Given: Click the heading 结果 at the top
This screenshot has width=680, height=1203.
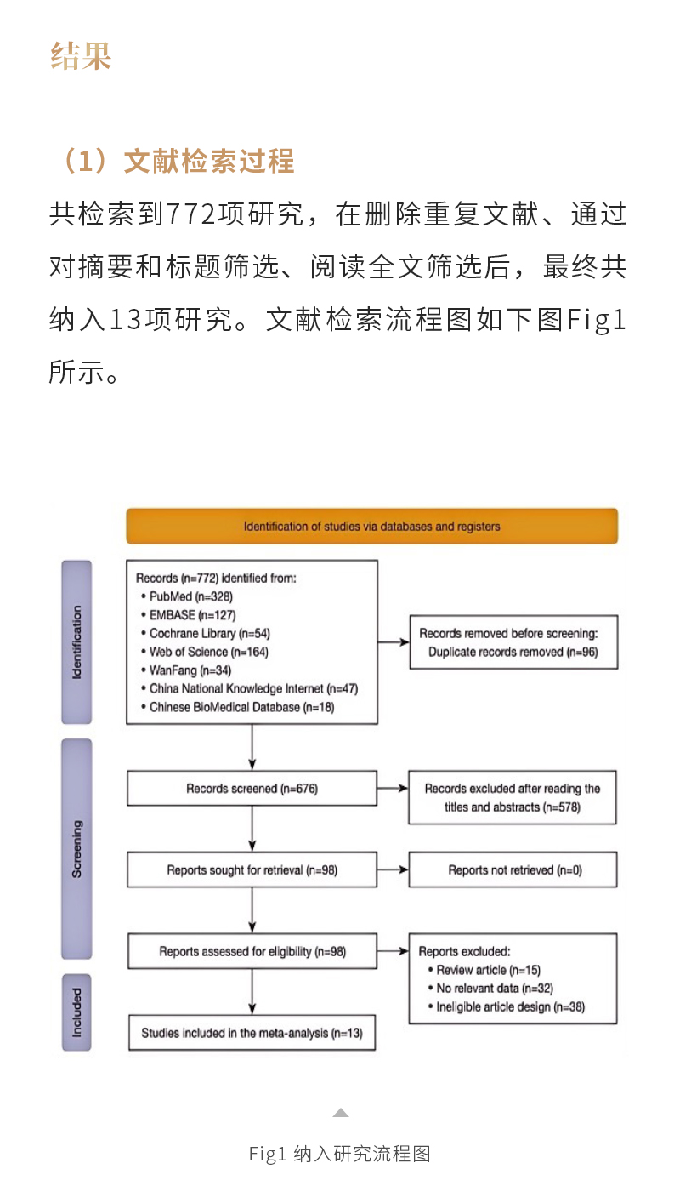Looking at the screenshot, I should pyautogui.click(x=82, y=55).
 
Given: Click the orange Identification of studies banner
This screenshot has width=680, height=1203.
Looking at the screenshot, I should pyautogui.click(x=371, y=526).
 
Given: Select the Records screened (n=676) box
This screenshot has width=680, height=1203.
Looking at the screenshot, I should pyautogui.click(x=252, y=789).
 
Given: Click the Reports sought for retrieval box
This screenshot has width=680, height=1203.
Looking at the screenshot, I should pyautogui.click(x=252, y=870).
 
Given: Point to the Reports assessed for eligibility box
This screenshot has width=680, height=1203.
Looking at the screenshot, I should pyautogui.click(x=252, y=951).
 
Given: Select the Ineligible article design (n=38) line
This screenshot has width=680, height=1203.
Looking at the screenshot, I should pyautogui.click(x=510, y=1006).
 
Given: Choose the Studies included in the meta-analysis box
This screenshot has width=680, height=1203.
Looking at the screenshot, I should pyautogui.click(x=252, y=1033).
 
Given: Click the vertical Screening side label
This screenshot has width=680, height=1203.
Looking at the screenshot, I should pyautogui.click(x=76, y=848).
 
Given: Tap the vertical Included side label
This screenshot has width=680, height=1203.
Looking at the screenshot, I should pyautogui.click(x=76, y=1012).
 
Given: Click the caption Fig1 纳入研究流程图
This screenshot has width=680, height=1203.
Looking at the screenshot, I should pyautogui.click(x=340, y=1154).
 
